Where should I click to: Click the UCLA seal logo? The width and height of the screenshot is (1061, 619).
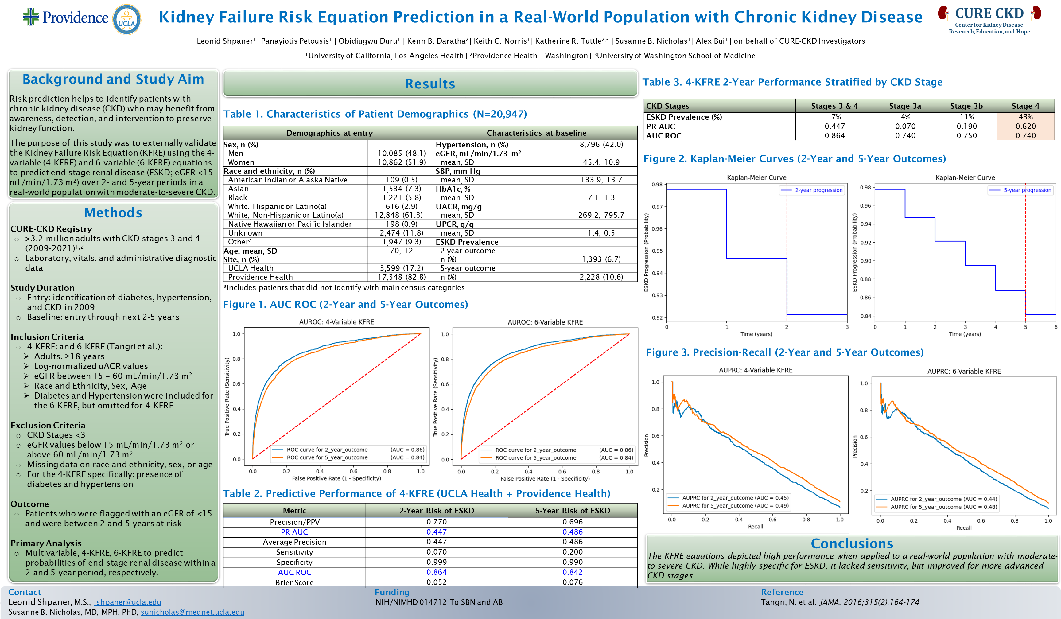point(127,19)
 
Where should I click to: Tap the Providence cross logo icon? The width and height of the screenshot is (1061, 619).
point(31,17)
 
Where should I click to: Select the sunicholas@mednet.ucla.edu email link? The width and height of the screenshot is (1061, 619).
point(192,612)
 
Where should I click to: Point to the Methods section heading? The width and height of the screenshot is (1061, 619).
point(113,213)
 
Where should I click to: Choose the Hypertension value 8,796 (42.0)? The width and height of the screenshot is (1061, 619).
point(601,144)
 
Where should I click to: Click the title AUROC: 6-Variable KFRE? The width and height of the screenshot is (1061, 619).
point(545,322)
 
